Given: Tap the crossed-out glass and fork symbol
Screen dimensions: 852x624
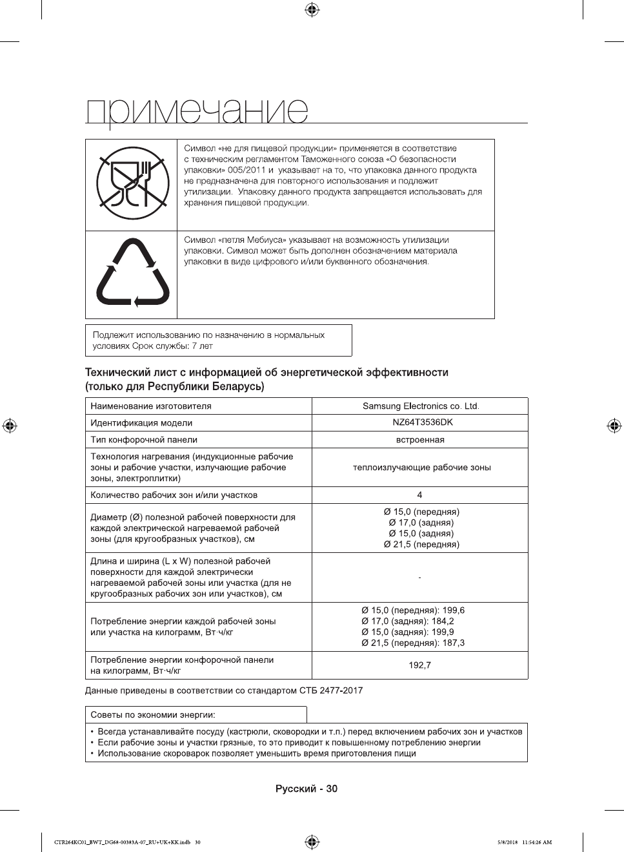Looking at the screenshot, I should (132, 184).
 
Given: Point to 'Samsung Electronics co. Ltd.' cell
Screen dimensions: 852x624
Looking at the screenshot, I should (421, 406).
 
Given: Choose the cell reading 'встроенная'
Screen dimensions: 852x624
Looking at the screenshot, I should (420, 440).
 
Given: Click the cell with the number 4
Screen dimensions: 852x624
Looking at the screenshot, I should (419, 495).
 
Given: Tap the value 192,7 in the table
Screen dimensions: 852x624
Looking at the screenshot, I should (419, 665).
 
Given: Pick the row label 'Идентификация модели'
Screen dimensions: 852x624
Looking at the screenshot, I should (141, 423).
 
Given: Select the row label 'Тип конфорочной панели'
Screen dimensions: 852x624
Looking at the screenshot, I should (144, 440).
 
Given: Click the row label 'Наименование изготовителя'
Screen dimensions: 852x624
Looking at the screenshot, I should (151, 406).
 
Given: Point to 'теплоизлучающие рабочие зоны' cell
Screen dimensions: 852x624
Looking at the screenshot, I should (421, 468).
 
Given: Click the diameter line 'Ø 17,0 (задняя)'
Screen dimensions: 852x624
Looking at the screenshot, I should (421, 523).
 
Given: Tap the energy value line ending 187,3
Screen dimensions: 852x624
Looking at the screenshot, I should (413, 643).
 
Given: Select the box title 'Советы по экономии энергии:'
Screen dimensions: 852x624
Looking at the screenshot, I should (153, 715).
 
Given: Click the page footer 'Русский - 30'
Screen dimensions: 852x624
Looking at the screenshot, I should (307, 789).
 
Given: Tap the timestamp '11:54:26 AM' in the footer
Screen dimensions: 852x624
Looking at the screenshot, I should (538, 842).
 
